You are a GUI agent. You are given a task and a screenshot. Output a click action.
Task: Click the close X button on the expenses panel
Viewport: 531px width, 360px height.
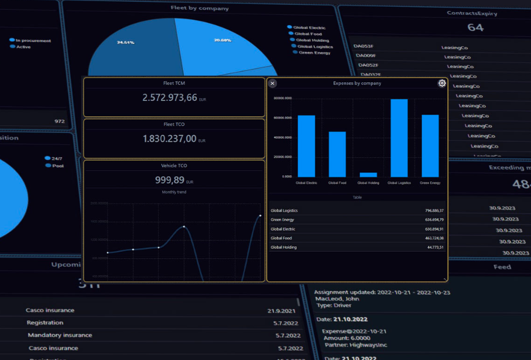pyautogui.click(x=273, y=83)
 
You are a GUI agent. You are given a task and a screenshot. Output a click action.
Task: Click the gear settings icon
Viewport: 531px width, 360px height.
pyautogui.click(x=442, y=83)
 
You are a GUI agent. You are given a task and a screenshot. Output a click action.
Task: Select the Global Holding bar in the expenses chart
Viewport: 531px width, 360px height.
pyautogui.click(x=368, y=175)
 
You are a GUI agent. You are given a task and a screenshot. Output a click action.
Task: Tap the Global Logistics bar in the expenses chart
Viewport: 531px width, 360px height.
pyautogui.click(x=399, y=138)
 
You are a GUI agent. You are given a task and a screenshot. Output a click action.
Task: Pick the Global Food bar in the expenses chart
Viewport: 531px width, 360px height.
pyautogui.click(x=337, y=154)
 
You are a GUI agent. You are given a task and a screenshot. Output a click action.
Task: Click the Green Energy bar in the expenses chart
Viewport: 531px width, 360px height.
pyautogui.click(x=430, y=146)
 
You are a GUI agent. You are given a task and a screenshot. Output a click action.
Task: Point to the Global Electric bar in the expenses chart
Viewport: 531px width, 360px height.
pyautogui.click(x=306, y=146)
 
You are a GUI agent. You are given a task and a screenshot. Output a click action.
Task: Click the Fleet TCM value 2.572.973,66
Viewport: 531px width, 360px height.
pyautogui.click(x=169, y=97)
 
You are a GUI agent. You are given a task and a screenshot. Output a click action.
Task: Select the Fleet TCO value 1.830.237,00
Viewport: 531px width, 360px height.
pyautogui.click(x=169, y=139)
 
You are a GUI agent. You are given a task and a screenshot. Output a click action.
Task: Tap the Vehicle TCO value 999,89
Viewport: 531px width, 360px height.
pyautogui.click(x=170, y=180)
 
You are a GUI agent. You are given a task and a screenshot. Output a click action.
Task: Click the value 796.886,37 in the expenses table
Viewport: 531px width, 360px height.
pyautogui.click(x=434, y=211)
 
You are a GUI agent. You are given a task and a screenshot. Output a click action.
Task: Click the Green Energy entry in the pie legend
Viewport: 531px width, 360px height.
pyautogui.click(x=314, y=53)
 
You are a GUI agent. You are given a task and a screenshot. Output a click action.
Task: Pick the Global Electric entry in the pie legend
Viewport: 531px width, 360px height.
pyautogui.click(x=309, y=28)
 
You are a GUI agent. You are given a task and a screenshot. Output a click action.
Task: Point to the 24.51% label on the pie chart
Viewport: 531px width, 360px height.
pyautogui.click(x=125, y=43)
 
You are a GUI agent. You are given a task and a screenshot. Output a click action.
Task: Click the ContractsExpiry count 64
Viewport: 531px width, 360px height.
pyautogui.click(x=475, y=27)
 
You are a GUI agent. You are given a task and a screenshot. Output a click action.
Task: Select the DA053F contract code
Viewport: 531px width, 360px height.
pyautogui.click(x=363, y=46)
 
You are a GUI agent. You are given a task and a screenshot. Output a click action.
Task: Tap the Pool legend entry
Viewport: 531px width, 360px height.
pyautogui.click(x=57, y=166)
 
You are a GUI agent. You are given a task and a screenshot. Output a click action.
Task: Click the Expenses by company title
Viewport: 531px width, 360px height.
pyautogui.click(x=357, y=83)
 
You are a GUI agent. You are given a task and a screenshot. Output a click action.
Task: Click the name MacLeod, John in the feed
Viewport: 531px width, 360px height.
pyautogui.click(x=338, y=299)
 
